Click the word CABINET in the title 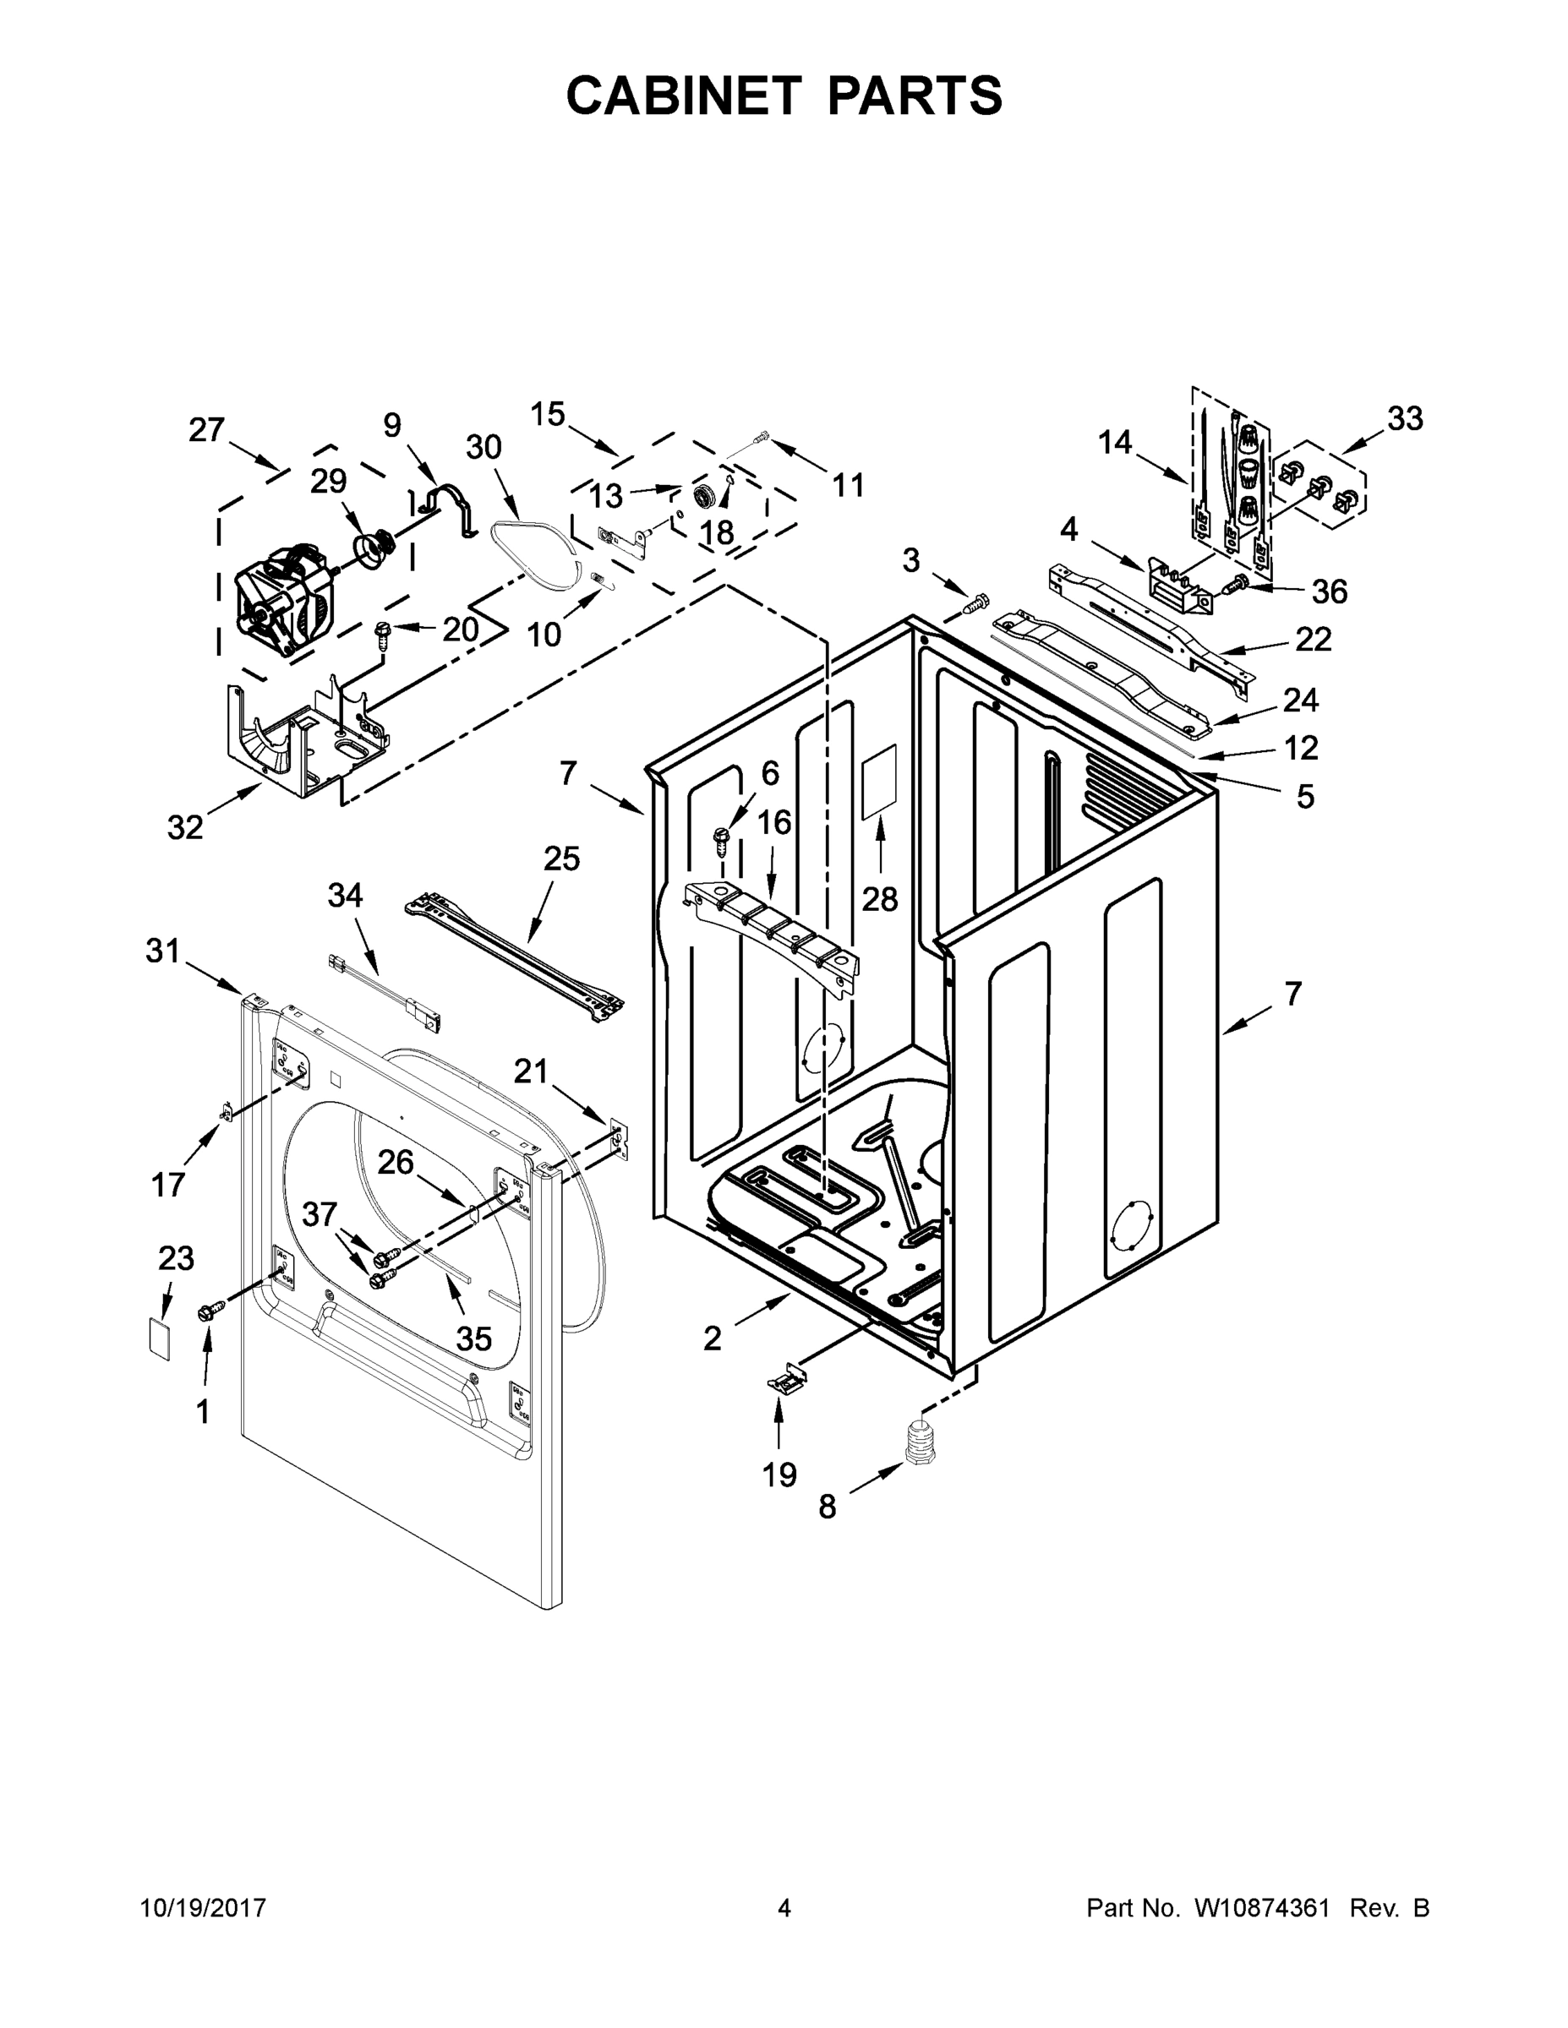coord(684,95)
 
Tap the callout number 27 coord(206,429)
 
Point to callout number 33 coord(1405,419)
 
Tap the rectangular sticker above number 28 coord(880,781)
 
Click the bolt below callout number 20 coord(382,635)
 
